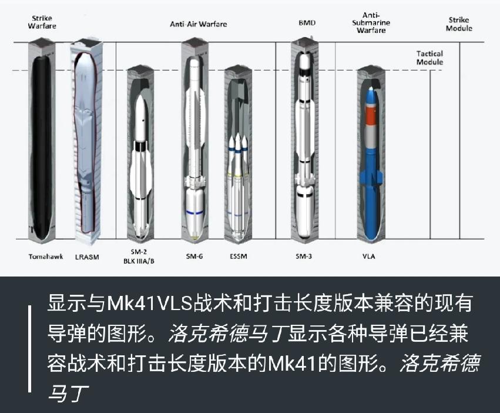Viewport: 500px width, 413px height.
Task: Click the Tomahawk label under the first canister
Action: (46, 257)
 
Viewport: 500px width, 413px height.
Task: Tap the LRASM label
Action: (87, 257)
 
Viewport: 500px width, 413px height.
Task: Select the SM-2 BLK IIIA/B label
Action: (139, 256)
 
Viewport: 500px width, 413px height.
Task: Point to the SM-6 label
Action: (194, 256)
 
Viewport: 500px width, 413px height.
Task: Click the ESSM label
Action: (239, 256)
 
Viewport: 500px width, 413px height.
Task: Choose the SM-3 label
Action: (304, 256)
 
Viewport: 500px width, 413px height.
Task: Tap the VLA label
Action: (368, 256)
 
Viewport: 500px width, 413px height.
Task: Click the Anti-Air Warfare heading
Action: (199, 24)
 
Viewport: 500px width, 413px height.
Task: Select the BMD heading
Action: (307, 23)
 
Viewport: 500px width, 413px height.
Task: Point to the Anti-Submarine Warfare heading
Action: (371, 23)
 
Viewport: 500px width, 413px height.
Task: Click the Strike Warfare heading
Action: (42, 22)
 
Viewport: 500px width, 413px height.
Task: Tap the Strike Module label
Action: (459, 24)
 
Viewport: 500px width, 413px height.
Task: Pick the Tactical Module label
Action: (429, 58)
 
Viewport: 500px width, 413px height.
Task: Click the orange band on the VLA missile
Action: (371, 116)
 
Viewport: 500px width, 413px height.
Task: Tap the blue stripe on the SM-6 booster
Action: (195, 212)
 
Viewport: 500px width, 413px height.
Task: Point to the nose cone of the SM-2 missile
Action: (140, 104)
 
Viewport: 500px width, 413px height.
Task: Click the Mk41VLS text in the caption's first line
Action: (150, 303)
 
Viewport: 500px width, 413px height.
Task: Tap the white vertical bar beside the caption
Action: (29, 349)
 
